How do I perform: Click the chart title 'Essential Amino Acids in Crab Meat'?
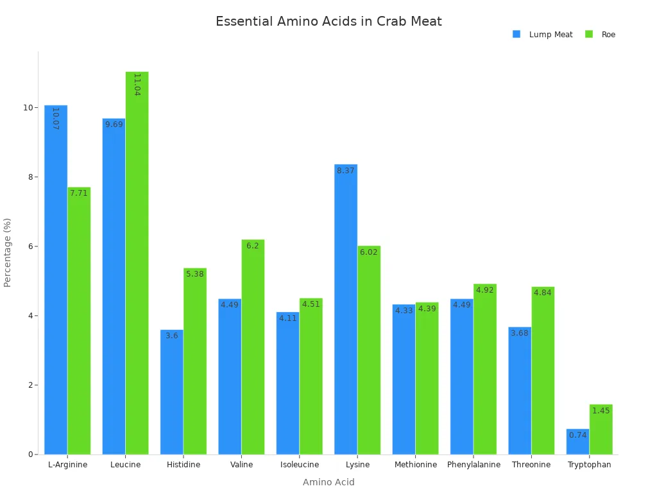328,22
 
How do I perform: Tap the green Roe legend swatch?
589,34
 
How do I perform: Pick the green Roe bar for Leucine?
137,263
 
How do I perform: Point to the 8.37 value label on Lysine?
346,171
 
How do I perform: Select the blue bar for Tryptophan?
577,443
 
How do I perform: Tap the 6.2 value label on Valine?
253,246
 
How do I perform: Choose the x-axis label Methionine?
416,465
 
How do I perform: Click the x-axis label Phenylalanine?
474,465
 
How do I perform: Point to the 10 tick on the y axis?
28,107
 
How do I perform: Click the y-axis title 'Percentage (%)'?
8,252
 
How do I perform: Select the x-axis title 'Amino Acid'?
328,482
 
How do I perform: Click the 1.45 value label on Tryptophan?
601,411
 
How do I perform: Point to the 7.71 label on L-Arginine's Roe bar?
79,193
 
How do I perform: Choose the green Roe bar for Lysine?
369,350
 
